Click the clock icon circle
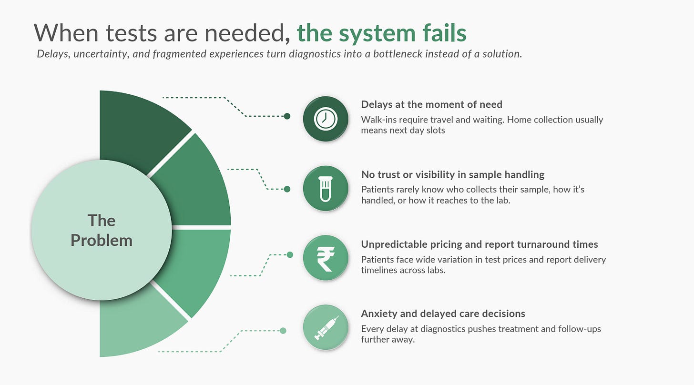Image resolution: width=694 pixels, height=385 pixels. coord(326,119)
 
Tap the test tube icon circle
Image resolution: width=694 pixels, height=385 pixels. coord(326,188)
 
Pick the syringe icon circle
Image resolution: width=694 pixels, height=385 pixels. coord(326,327)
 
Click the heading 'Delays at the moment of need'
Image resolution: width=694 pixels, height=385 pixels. coord(431,104)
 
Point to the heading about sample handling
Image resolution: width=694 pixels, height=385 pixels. coord(453,174)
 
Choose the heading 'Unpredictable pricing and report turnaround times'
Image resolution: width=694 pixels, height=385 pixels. coord(480,244)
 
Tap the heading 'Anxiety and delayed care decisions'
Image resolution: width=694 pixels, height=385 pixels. coord(443,314)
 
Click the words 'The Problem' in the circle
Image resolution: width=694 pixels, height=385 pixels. coord(102,231)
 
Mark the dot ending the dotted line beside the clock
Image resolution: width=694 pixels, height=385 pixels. coord(287,116)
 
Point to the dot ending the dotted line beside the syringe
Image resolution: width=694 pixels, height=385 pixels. coord(283,331)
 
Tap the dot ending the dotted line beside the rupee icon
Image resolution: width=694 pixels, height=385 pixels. coord(290,255)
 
